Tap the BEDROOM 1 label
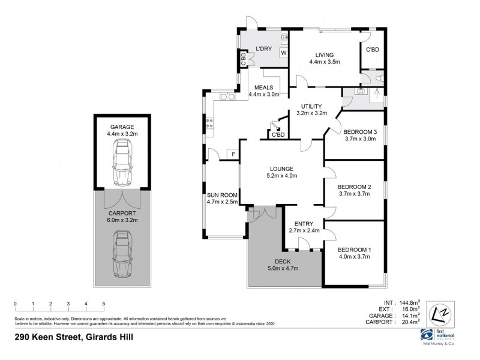coord(353,249)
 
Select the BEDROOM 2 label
coord(354,187)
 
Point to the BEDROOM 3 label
coord(361,131)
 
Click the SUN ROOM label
coord(222,195)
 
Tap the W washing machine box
coord(283,53)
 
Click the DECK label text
coord(282,260)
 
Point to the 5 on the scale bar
coord(104,304)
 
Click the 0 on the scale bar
coord(15,304)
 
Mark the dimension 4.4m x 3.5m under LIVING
coord(324,62)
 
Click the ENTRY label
coord(304,223)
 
